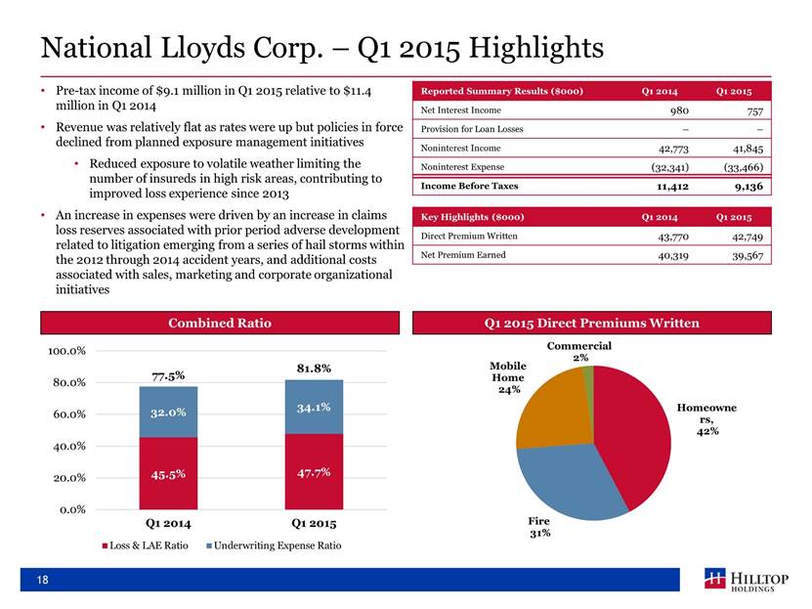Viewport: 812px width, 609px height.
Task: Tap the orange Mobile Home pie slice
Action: (549, 411)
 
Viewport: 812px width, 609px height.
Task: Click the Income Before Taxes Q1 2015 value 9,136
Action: (744, 185)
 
